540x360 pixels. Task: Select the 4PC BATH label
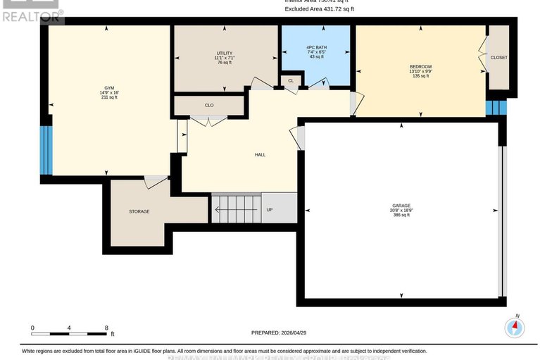[316, 48]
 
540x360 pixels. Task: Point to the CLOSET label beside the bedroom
[498, 58]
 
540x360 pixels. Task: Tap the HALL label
[260, 155]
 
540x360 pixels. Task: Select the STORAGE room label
[139, 211]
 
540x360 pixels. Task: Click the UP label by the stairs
[269, 209]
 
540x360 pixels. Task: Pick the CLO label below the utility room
[209, 105]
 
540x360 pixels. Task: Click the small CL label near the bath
[291, 81]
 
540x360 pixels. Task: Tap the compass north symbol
[515, 327]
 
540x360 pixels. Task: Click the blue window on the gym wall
[45, 149]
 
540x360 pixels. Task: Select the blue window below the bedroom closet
[496, 107]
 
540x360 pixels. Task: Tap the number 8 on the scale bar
[106, 328]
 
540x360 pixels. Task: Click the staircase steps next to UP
[237, 209]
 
